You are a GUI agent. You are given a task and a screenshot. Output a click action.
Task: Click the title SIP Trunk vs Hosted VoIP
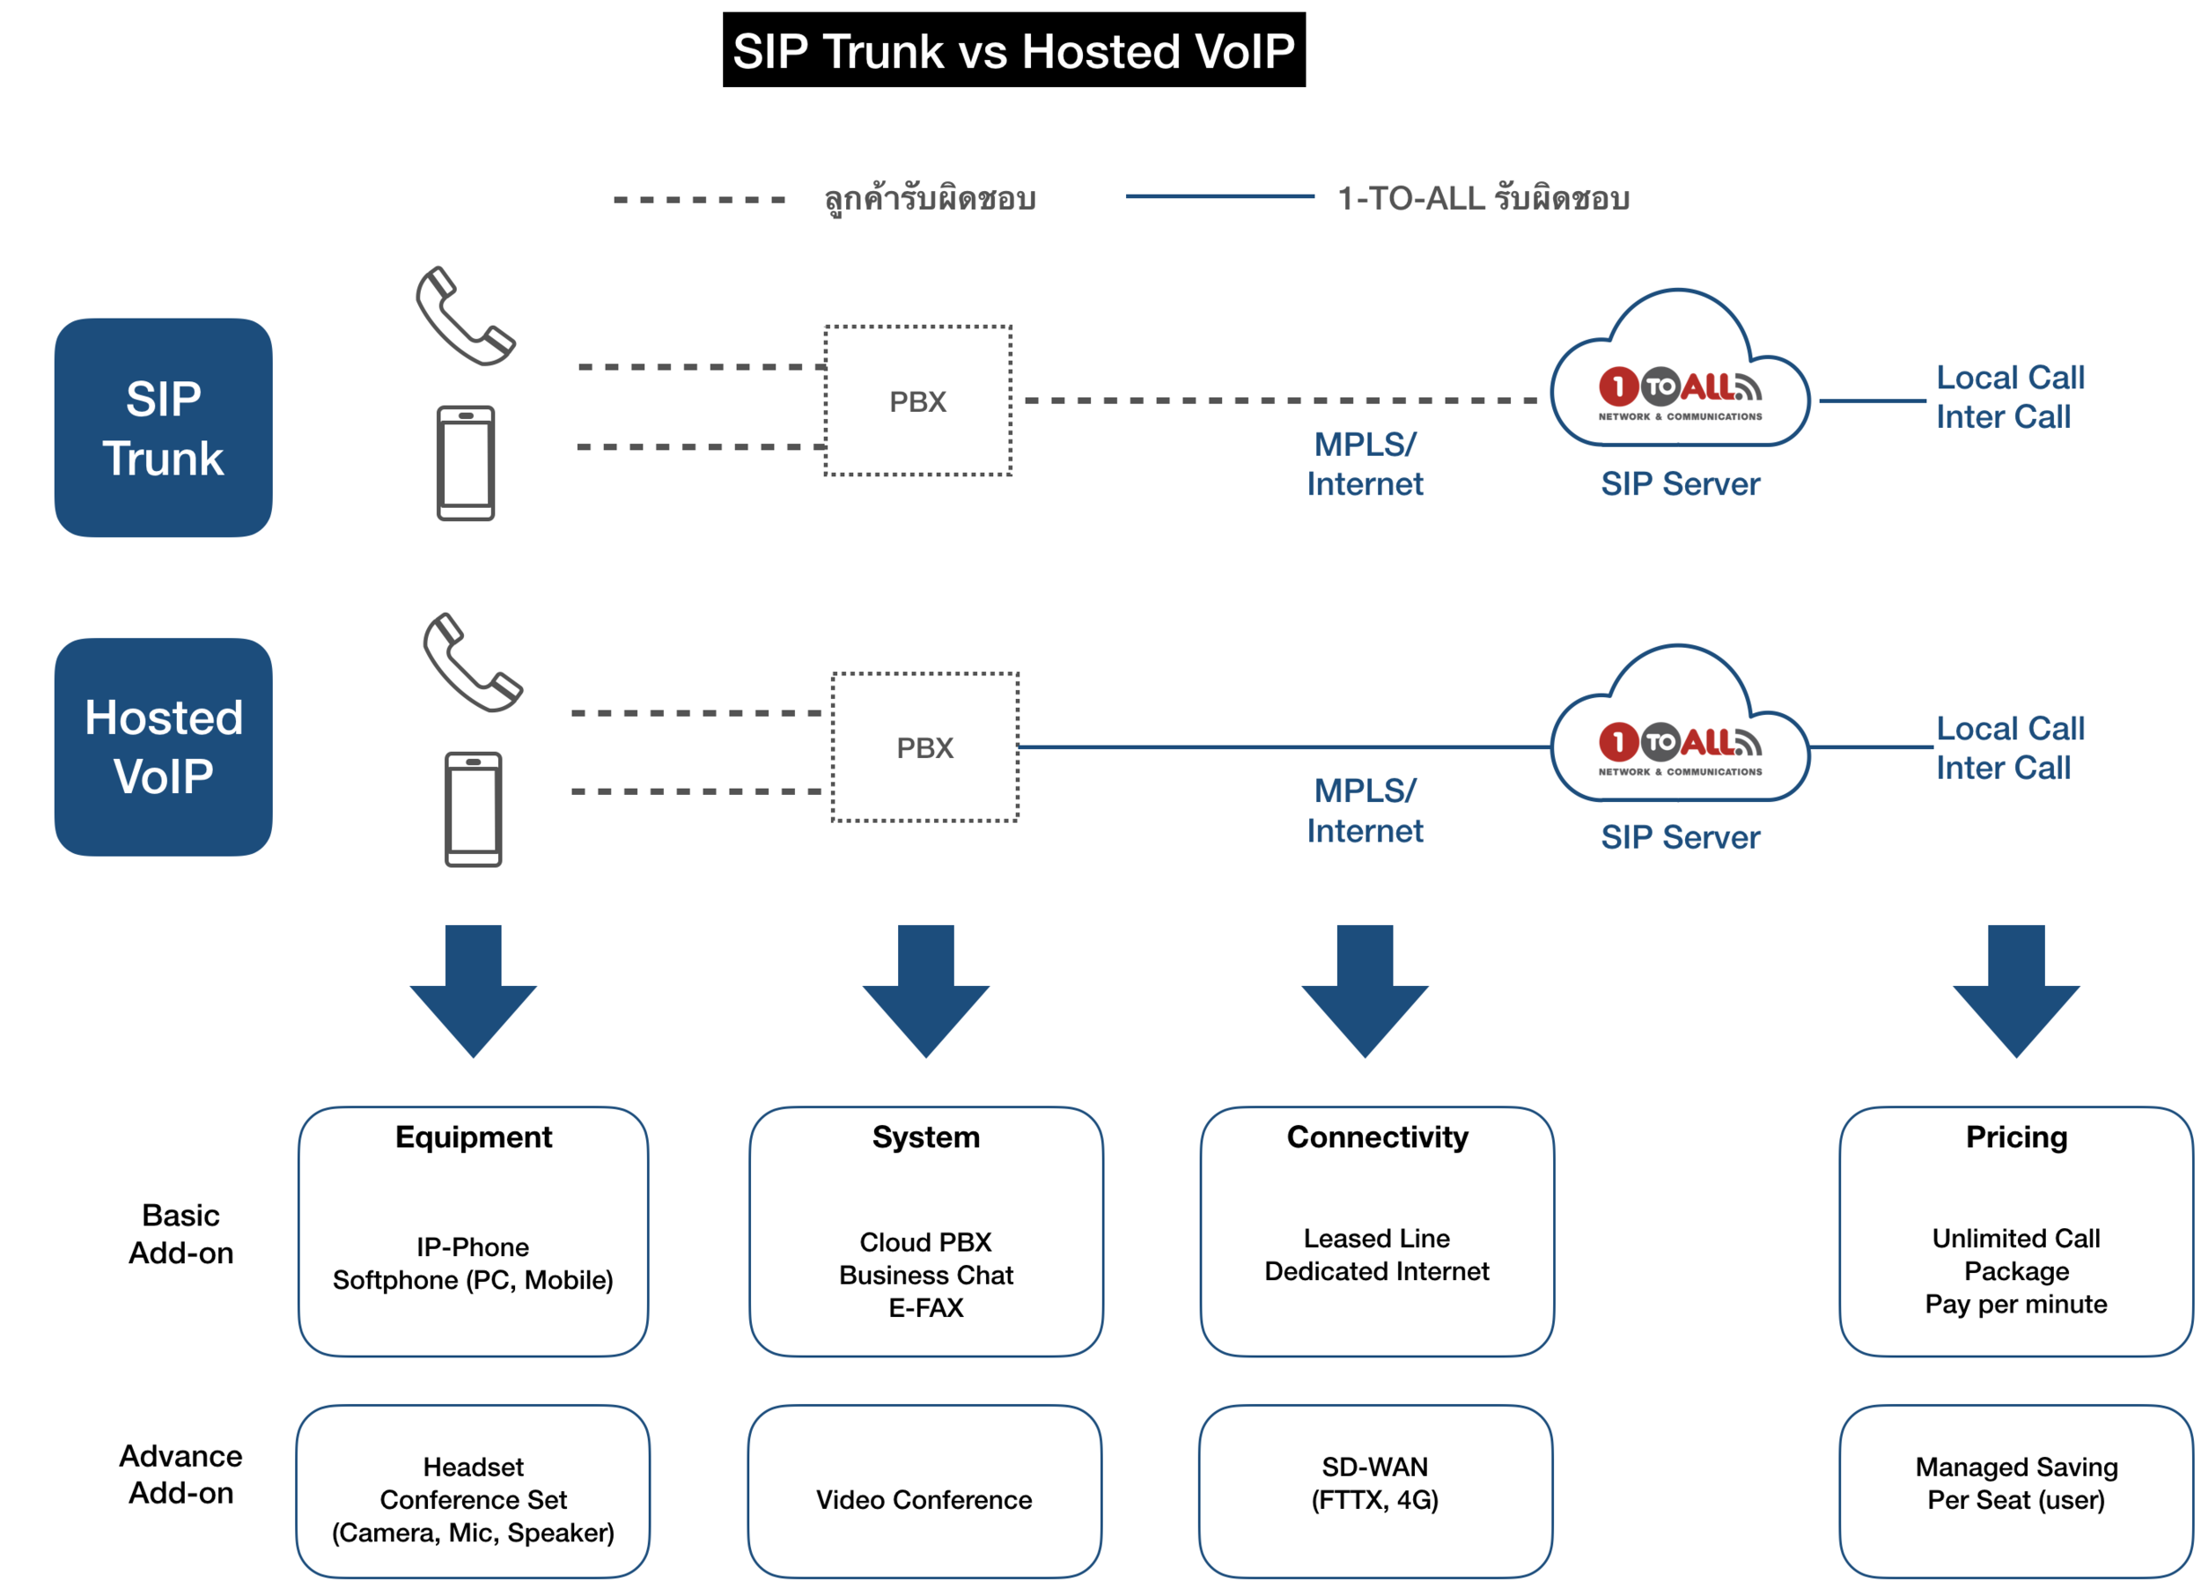[1013, 50]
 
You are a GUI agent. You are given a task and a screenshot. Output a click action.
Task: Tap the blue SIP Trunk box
[163, 428]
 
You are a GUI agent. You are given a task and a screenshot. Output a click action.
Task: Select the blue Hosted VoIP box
[163, 747]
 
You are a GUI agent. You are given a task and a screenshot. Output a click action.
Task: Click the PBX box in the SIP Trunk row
[917, 401]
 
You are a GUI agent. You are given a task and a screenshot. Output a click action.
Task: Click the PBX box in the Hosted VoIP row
[924, 747]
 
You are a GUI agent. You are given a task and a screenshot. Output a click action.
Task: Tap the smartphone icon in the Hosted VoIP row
[473, 808]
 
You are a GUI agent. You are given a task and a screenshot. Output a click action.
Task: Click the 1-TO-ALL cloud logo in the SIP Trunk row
[1679, 388]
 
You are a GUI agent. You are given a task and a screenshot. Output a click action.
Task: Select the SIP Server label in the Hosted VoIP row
[1679, 836]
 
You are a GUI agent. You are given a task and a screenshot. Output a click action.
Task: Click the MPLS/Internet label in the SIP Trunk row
[1364, 464]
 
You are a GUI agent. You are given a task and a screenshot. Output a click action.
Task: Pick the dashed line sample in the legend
[699, 200]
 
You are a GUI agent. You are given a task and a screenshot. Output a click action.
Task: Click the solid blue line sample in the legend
[1218, 197]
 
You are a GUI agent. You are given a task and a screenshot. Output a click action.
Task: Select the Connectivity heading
[1376, 1136]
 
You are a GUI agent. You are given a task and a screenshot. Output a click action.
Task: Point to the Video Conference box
[924, 1490]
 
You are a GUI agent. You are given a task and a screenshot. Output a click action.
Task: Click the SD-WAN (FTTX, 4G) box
[1374, 1490]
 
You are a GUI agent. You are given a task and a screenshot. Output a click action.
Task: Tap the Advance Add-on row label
[180, 1473]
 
